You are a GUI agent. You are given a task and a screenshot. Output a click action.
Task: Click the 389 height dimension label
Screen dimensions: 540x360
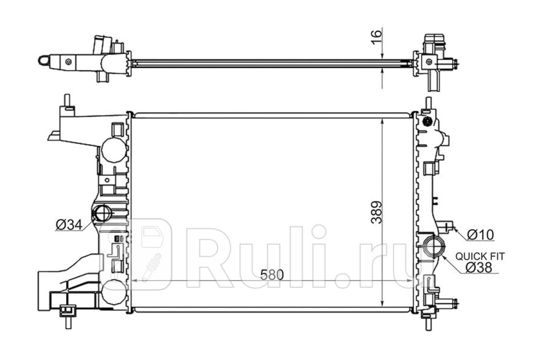point(376,212)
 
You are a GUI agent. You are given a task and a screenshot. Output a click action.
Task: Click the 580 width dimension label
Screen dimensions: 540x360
point(272,274)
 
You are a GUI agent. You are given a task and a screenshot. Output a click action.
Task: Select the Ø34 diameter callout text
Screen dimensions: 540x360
point(69,225)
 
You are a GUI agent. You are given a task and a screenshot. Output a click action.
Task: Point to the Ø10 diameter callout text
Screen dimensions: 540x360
point(481,234)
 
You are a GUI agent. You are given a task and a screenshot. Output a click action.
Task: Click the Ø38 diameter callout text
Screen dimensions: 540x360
point(479,267)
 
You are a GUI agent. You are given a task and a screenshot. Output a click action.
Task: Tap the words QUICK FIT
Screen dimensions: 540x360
point(480,256)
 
